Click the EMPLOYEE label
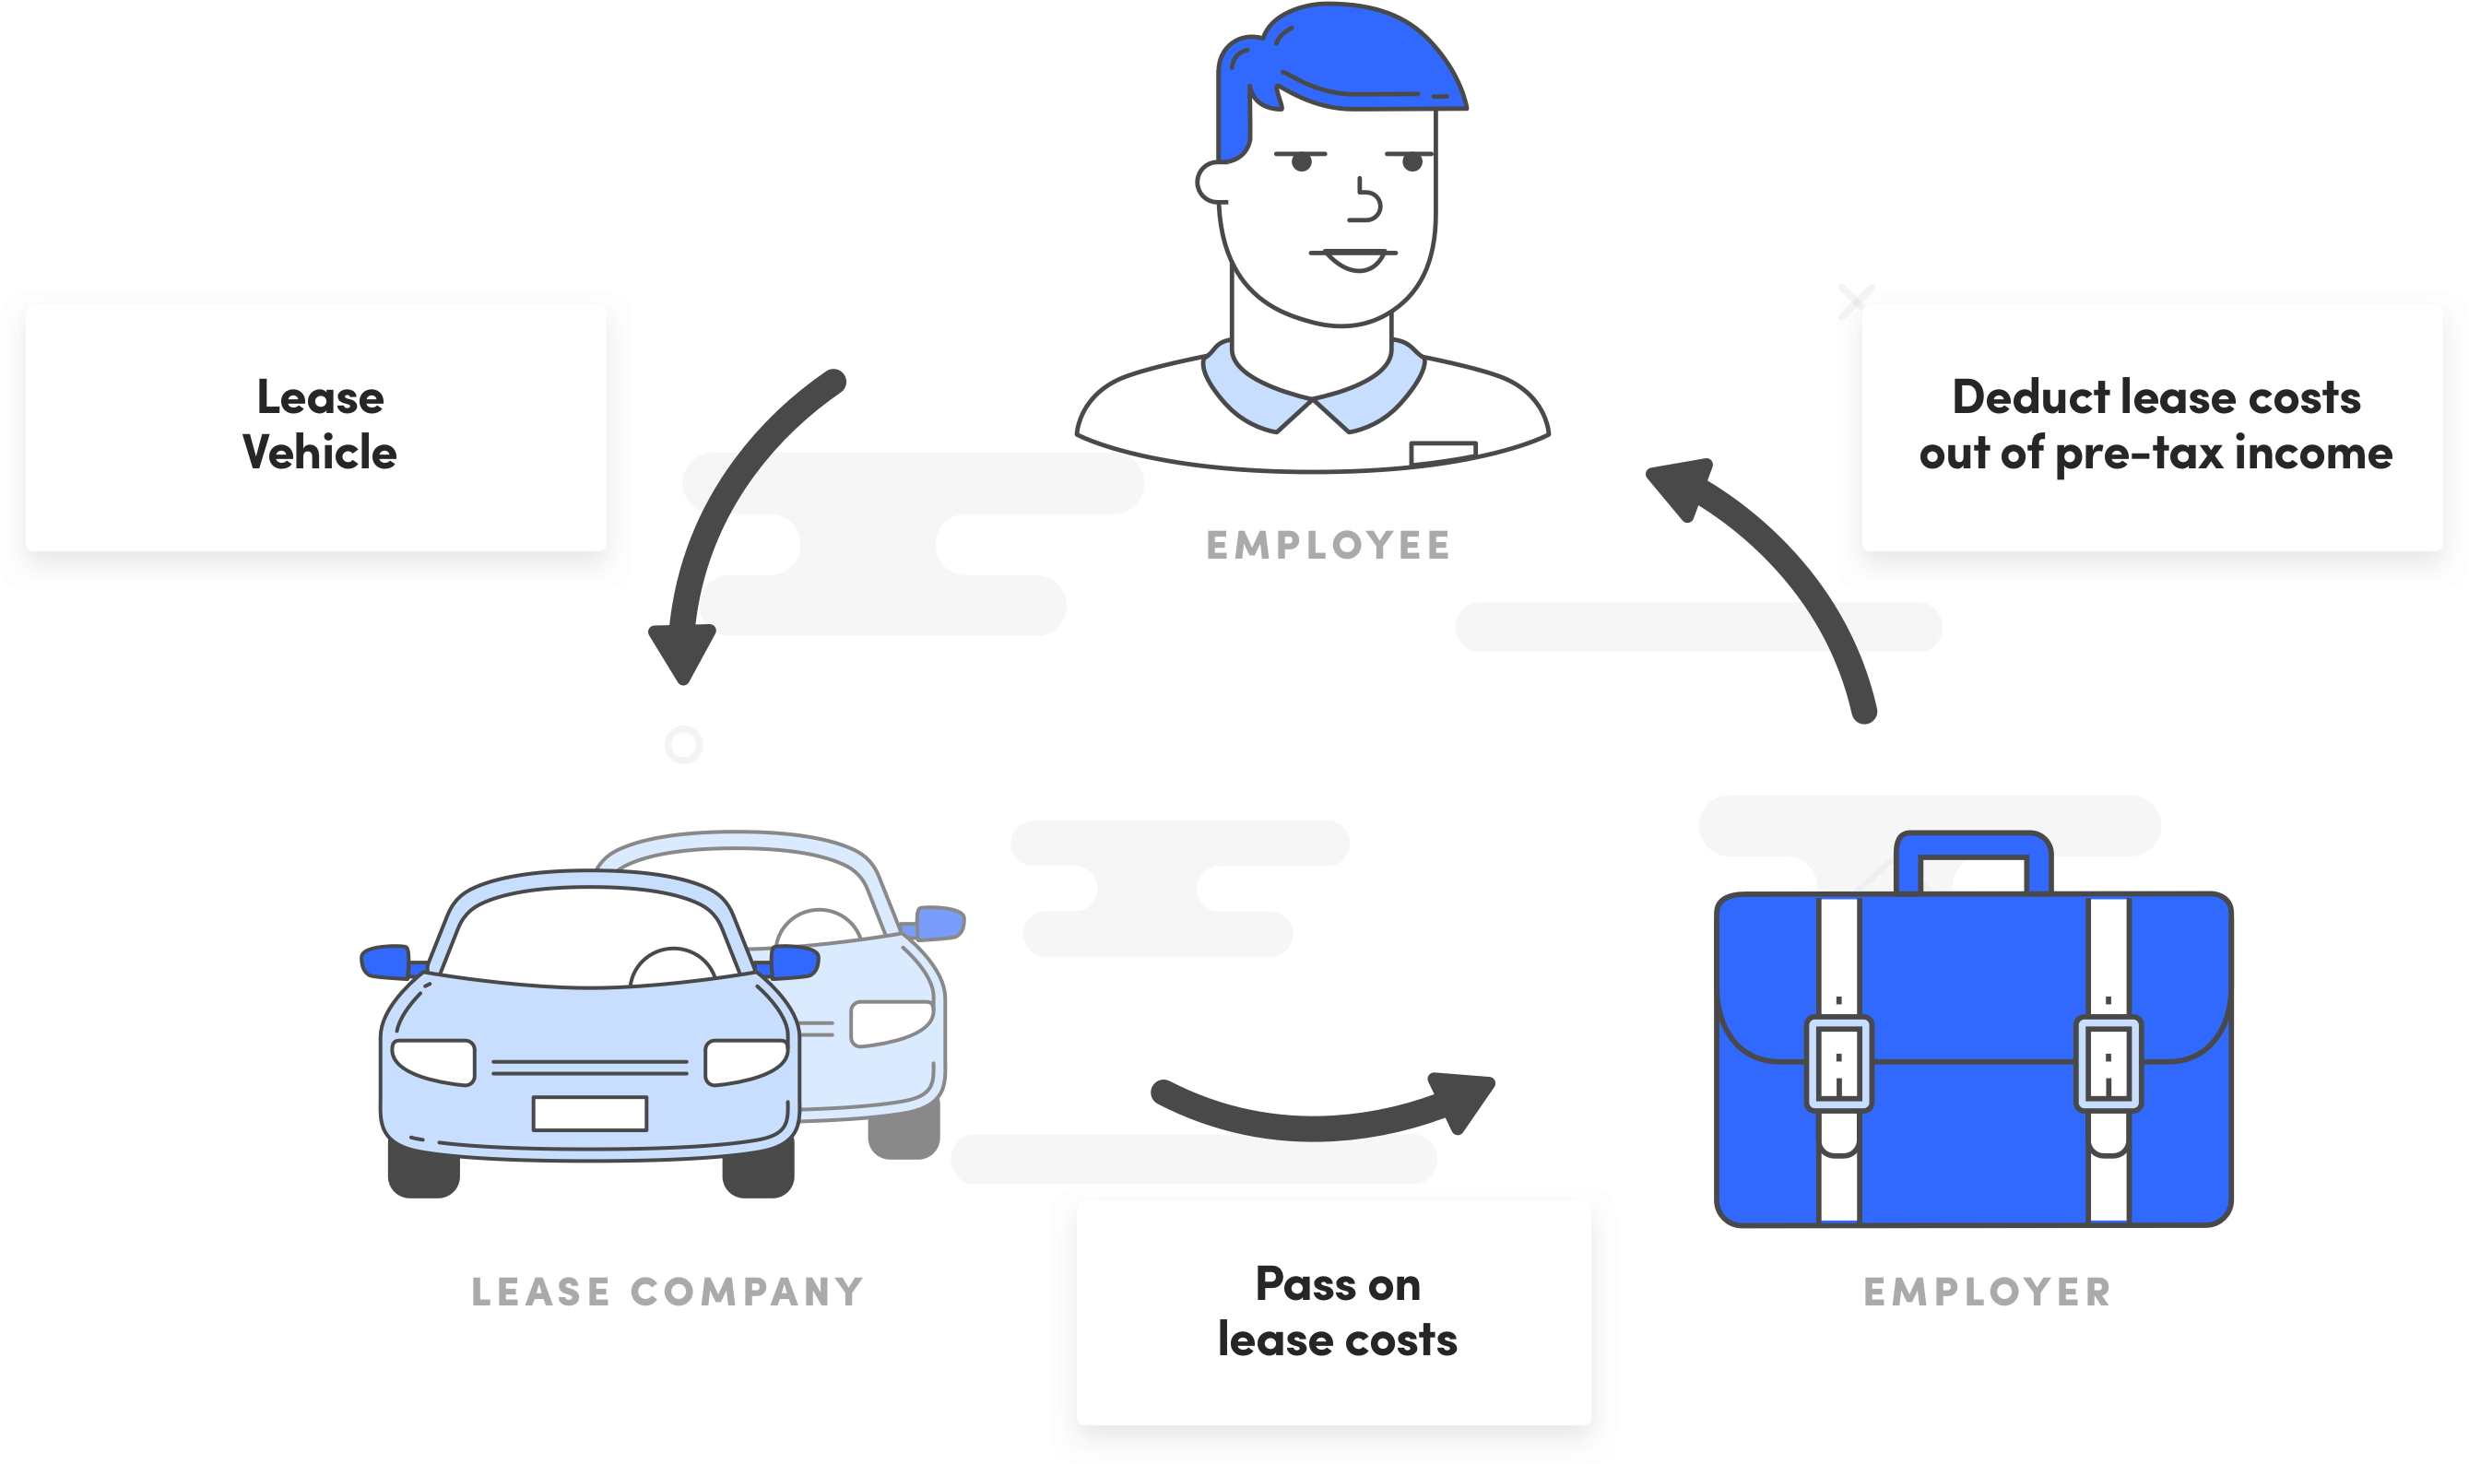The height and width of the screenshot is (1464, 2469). click(1328, 545)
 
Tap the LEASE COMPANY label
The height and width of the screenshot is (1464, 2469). click(667, 1292)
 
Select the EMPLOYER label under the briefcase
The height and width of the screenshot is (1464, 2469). click(1987, 1292)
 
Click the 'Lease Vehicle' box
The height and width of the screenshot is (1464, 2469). click(315, 427)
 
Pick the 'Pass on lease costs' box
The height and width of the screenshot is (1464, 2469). click(1334, 1312)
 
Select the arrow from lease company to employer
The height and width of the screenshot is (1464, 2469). click(1322, 1120)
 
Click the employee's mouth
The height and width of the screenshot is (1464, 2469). click(1353, 258)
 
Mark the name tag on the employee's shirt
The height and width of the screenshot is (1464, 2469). click(1442, 453)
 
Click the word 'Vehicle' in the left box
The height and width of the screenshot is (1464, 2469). click(320, 453)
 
